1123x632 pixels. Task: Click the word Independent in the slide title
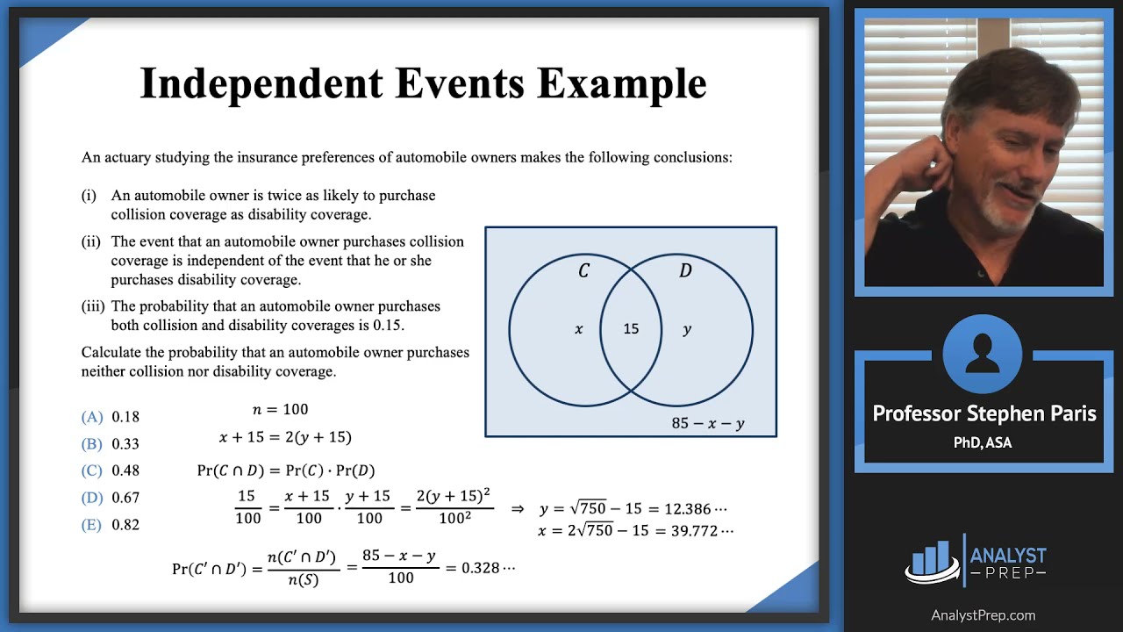point(261,84)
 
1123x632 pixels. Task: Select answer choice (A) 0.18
point(111,417)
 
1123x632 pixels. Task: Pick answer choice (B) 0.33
point(111,444)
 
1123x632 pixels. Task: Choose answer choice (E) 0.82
point(111,525)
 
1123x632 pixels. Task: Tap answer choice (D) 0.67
point(111,498)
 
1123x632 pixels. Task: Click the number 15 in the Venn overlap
point(631,329)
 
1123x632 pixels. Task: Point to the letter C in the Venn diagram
point(583,271)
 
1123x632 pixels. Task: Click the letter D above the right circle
point(685,271)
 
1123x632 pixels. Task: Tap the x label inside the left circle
point(578,329)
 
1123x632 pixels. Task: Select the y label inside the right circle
point(687,330)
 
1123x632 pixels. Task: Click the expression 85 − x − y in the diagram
point(708,423)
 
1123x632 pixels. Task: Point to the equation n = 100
point(281,410)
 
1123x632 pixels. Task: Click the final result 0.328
point(482,568)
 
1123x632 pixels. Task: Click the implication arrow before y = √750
point(518,509)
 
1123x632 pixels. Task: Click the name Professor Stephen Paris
point(984,414)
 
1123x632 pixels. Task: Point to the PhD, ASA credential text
point(983,443)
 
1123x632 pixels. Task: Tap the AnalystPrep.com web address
point(983,615)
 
